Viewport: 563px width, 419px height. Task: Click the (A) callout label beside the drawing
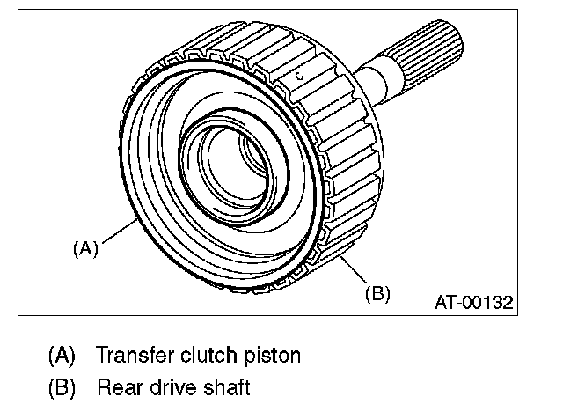point(85,249)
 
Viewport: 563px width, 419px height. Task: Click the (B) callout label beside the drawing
point(377,293)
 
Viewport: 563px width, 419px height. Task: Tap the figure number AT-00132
point(474,302)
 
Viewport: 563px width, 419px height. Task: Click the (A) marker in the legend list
point(62,356)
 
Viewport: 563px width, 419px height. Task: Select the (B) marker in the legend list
point(62,387)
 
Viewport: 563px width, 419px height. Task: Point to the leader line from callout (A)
point(119,232)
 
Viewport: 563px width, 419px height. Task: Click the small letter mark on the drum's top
point(301,77)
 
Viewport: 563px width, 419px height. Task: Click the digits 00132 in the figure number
point(489,302)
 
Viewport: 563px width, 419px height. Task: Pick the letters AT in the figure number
point(445,302)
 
